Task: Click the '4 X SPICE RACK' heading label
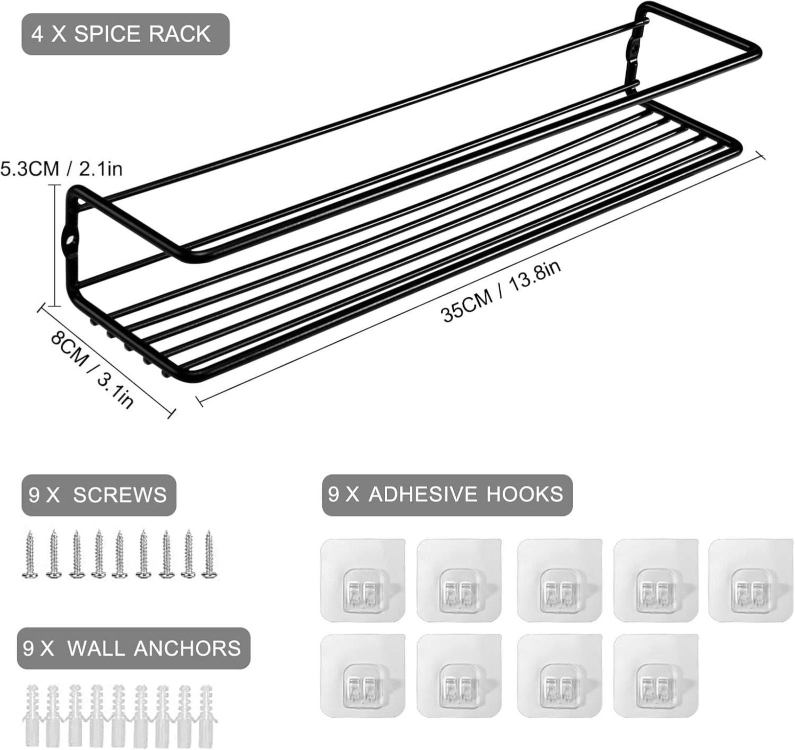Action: pyautogui.click(x=125, y=34)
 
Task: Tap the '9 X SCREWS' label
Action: pyautogui.click(x=98, y=495)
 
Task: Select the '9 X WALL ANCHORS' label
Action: pyautogui.click(x=133, y=648)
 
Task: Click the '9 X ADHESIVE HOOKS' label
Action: pyautogui.click(x=447, y=494)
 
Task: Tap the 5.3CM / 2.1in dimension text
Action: pyautogui.click(x=61, y=169)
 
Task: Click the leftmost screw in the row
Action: pyautogui.click(x=30, y=554)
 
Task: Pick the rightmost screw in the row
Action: pyautogui.click(x=208, y=554)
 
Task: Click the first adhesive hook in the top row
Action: pyautogui.click(x=362, y=580)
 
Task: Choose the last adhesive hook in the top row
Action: pyautogui.click(x=751, y=580)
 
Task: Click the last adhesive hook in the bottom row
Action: pyautogui.click(x=655, y=676)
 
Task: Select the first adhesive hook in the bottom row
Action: pyautogui.click(x=362, y=676)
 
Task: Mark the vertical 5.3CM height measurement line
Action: pyautogui.click(x=54, y=244)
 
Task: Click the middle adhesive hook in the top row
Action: pyautogui.click(x=559, y=580)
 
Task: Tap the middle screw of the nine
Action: pyautogui.click(x=119, y=554)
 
